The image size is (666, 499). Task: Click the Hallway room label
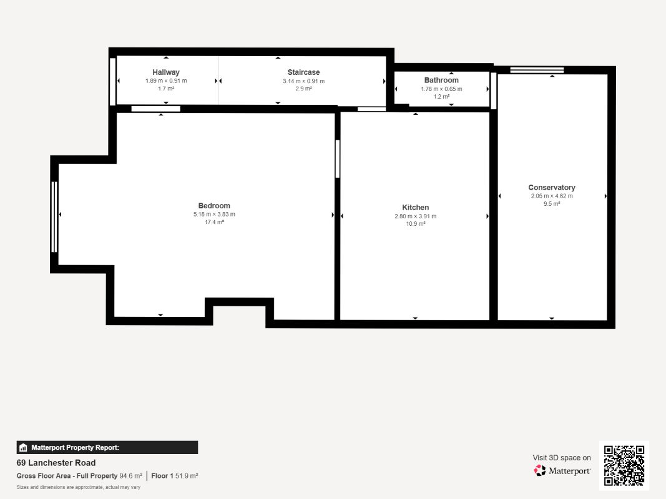click(166, 72)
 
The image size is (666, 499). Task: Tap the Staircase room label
click(303, 72)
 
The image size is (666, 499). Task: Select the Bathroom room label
click(441, 80)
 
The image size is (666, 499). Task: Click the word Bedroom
click(214, 206)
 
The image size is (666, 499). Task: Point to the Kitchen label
click(416, 208)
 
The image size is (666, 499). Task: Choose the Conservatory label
click(552, 187)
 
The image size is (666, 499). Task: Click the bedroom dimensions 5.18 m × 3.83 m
click(214, 215)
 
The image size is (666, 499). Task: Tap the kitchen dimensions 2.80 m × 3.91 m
click(416, 216)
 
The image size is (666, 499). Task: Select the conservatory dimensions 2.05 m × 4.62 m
click(552, 196)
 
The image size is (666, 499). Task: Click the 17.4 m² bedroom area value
click(214, 222)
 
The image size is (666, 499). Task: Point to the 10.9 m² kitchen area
click(416, 224)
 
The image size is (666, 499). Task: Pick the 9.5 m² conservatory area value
click(552, 204)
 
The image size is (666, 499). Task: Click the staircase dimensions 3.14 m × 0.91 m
click(304, 81)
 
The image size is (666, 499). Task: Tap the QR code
click(624, 465)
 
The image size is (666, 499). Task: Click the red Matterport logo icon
click(540, 470)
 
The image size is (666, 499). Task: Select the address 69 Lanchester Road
click(56, 462)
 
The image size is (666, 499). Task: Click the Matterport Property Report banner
click(107, 447)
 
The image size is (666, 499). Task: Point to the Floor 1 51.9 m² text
click(175, 476)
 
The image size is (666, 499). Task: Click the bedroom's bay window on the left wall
click(54, 217)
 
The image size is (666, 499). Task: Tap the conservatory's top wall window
click(537, 70)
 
